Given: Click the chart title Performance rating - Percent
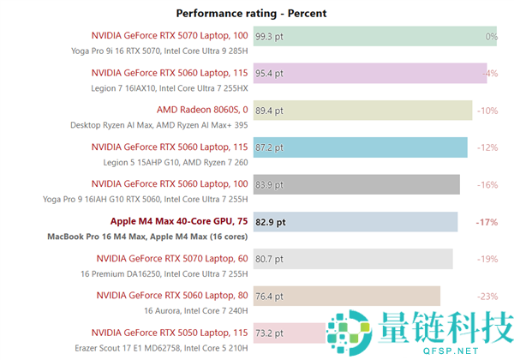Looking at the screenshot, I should point(251,13).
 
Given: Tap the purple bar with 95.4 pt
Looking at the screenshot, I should point(369,74).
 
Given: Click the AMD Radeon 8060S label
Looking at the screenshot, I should point(202,110).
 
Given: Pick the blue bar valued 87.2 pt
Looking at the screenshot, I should point(360,147).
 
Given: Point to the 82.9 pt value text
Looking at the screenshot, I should point(270,222).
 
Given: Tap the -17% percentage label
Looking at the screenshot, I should point(487,222).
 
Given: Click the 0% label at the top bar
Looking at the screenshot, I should point(491,37).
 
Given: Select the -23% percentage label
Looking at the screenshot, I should point(487,296).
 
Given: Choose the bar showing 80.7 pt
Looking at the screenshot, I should point(352,259).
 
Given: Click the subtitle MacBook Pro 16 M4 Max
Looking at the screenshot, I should point(148,236).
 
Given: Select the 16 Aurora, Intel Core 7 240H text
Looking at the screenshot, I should point(195,310).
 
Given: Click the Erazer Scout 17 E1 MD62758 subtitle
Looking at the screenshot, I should point(160,346).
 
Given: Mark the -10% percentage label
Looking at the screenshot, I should point(487,111).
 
